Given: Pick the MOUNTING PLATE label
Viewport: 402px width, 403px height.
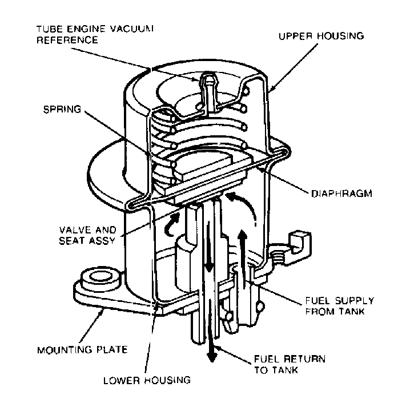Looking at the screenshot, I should [x=82, y=348].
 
